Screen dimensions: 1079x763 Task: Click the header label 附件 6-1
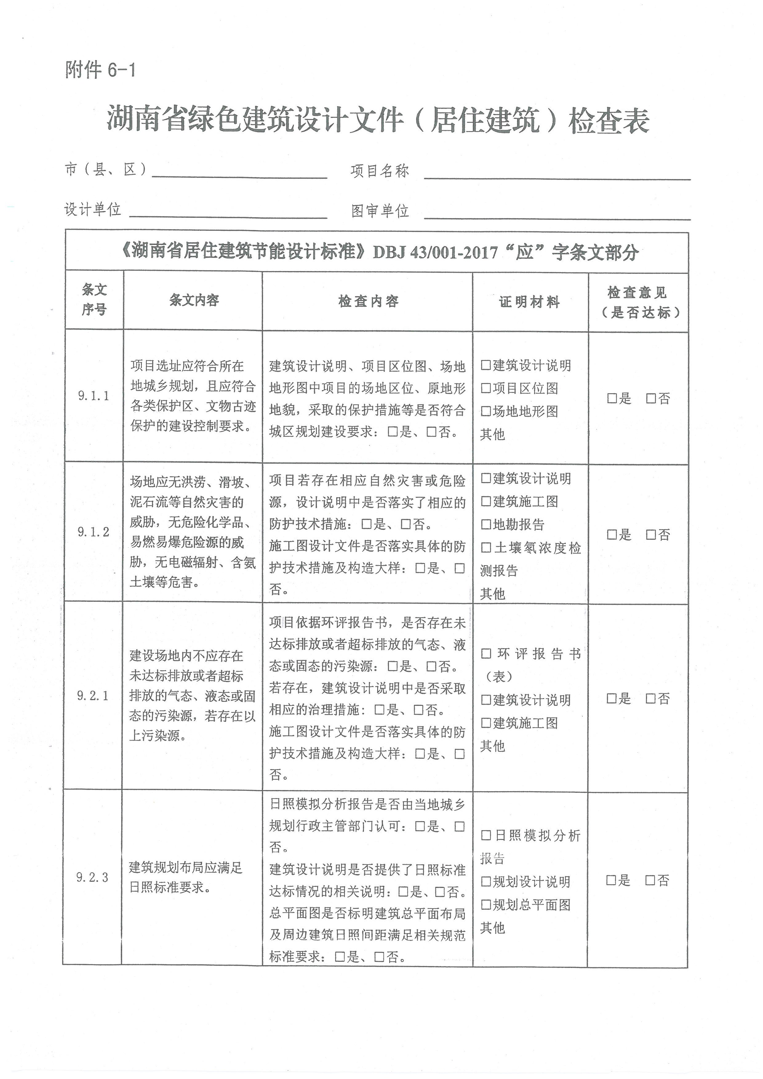coord(100,70)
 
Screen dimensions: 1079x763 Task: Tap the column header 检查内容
coord(368,301)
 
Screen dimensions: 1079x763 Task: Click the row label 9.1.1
coord(94,396)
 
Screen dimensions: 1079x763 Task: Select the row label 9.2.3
coord(93,877)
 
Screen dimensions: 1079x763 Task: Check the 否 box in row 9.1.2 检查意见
coord(651,535)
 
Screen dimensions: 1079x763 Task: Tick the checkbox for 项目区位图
coord(486,389)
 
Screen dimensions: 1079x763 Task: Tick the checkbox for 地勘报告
coord(486,525)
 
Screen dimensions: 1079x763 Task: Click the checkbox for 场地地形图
coord(486,412)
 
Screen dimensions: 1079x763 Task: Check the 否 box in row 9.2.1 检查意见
coord(651,699)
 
